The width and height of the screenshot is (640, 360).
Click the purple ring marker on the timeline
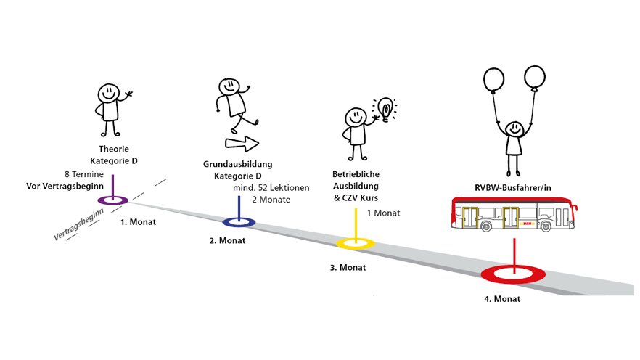(112, 200)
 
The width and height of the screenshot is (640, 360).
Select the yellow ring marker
(356, 243)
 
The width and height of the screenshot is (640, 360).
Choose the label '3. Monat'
(348, 267)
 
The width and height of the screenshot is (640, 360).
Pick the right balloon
(534, 77)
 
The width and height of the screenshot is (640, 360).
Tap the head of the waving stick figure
(108, 93)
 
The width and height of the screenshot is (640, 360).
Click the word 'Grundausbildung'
(232, 165)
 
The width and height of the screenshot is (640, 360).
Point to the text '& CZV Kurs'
(356, 198)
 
